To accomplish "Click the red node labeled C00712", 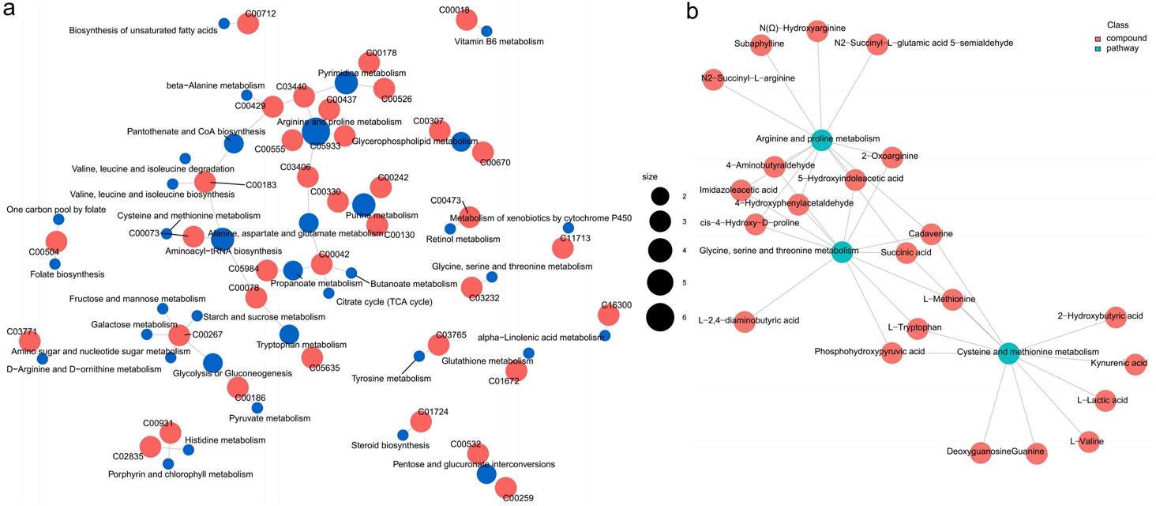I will [247, 24].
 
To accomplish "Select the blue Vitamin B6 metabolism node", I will [486, 31].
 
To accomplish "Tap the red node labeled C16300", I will [608, 315].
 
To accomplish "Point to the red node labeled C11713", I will [562, 248].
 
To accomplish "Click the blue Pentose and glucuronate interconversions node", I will [486, 474].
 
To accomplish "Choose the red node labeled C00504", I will [56, 242].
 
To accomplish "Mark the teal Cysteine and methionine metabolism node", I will [1008, 353].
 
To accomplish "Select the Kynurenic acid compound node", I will [1135, 364].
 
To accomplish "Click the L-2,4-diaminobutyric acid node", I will [744, 321].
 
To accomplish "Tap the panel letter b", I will [692, 11].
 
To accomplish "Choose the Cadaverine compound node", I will [930, 234].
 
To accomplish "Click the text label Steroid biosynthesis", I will [390, 445].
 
